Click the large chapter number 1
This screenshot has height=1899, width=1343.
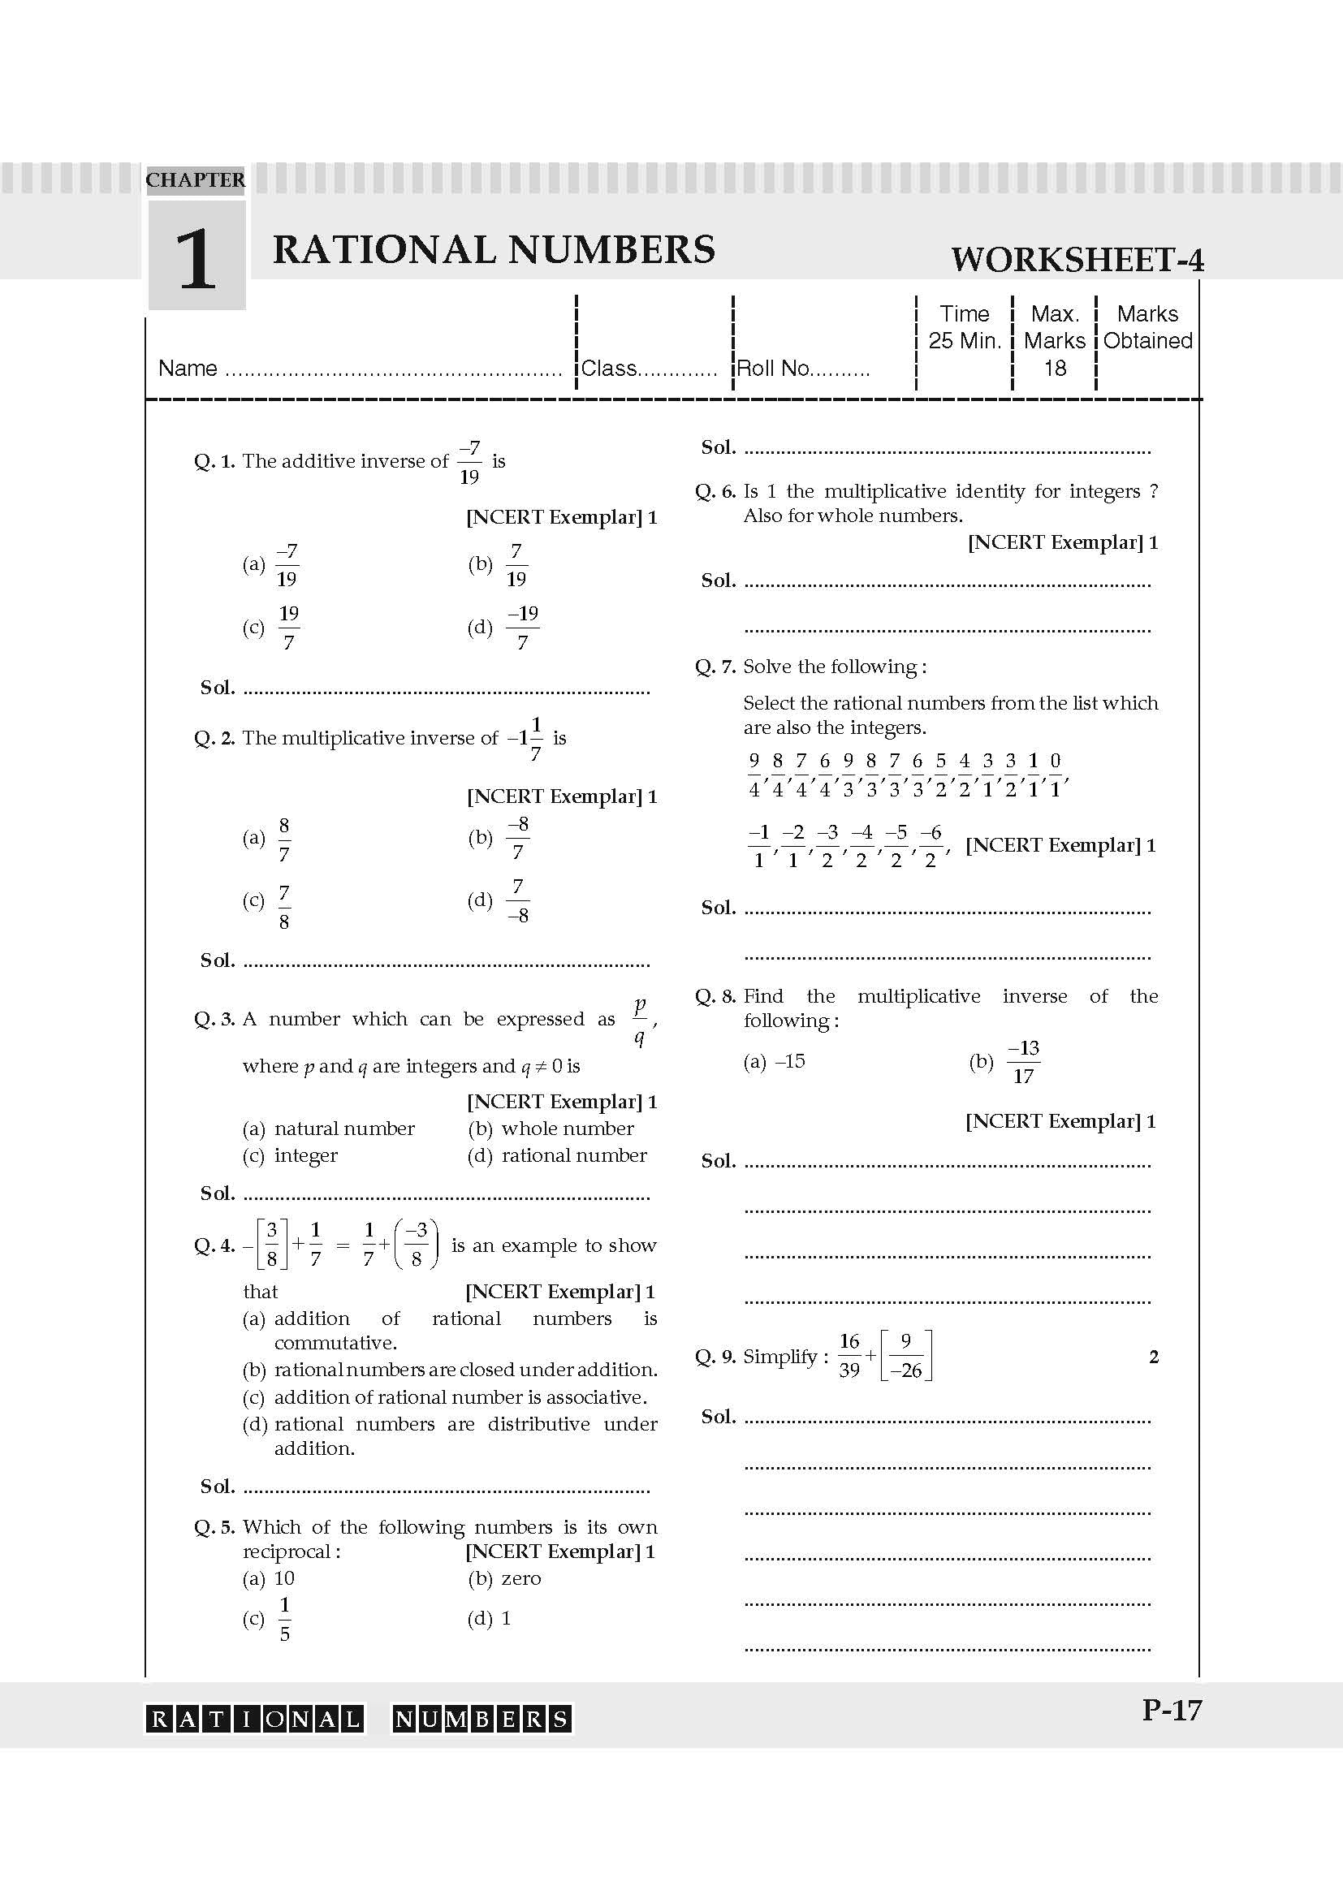196,260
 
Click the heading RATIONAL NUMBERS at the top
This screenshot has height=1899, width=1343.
494,249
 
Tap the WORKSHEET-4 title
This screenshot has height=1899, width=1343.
1077,260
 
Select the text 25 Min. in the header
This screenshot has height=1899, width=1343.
965,341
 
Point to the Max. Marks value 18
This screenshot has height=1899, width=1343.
1055,368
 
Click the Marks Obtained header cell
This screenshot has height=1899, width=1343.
1147,327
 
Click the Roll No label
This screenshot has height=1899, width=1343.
774,368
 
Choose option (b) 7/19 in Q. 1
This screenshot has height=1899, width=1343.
516,565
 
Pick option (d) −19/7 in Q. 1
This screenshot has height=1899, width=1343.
523,627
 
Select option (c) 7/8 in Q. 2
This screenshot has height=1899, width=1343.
283,907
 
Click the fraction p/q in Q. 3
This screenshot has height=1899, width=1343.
640,1020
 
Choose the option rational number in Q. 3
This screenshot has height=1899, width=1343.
574,1155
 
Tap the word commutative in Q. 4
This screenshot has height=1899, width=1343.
335,1342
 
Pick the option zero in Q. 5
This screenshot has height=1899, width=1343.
521,1578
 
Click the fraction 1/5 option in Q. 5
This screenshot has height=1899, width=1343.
284,1619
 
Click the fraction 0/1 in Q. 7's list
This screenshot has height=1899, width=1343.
1056,775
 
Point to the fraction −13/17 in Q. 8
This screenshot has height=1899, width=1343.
1023,1062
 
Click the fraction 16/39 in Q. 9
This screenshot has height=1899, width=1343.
849,1356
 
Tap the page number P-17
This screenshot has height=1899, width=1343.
1171,1710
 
